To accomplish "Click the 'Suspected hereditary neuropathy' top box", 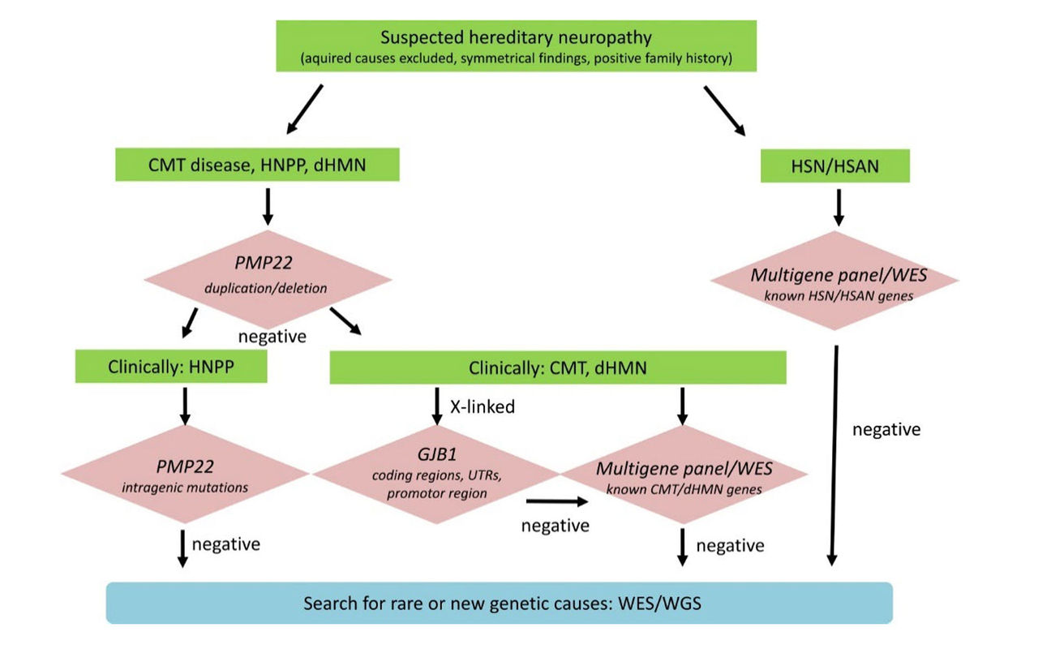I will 516,45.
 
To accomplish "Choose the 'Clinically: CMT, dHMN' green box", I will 558,367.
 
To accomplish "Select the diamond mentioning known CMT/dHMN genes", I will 684,475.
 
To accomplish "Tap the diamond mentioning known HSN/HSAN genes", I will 835,281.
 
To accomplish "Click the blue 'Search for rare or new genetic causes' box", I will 500,604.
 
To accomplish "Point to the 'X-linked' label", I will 482,407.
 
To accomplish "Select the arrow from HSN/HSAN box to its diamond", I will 839,207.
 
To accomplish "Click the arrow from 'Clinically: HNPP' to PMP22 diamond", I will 185,405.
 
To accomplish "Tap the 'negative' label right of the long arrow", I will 886,430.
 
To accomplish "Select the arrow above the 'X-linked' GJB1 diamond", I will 437,405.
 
